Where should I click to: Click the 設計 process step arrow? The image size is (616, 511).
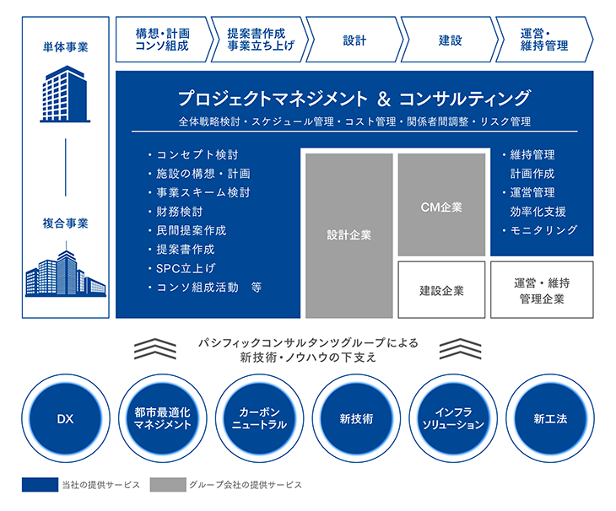pyautogui.click(x=354, y=40)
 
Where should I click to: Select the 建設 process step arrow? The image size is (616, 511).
pyautogui.click(x=450, y=40)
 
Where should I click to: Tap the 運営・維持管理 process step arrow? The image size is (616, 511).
pyautogui.click(x=544, y=40)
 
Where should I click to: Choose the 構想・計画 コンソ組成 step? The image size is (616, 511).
pyautogui.click(x=165, y=40)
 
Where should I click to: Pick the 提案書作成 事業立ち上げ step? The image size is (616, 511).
pyautogui.click(x=260, y=40)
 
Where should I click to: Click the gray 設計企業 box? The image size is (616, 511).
pyautogui.click(x=349, y=235)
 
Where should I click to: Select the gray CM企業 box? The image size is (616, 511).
pyautogui.click(x=441, y=205)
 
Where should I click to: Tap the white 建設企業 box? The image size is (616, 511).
pyautogui.click(x=441, y=290)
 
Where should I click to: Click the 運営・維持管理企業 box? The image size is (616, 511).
pyautogui.click(x=542, y=290)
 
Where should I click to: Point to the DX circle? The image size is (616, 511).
pyautogui.click(x=66, y=418)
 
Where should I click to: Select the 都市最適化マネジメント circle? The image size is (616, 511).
pyautogui.click(x=163, y=418)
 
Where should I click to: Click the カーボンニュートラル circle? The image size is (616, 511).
pyautogui.click(x=260, y=418)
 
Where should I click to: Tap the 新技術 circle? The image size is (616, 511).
pyautogui.click(x=356, y=418)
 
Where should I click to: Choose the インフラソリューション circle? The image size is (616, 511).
pyautogui.click(x=453, y=418)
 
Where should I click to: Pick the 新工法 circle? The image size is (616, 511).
pyautogui.click(x=550, y=418)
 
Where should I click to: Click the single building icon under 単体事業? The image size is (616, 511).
pyautogui.click(x=65, y=94)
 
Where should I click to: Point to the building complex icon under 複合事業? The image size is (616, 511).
pyautogui.click(x=66, y=273)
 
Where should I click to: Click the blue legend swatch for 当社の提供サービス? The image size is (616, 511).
pyautogui.click(x=40, y=485)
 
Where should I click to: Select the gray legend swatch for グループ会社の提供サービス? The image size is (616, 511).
pyautogui.click(x=168, y=485)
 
